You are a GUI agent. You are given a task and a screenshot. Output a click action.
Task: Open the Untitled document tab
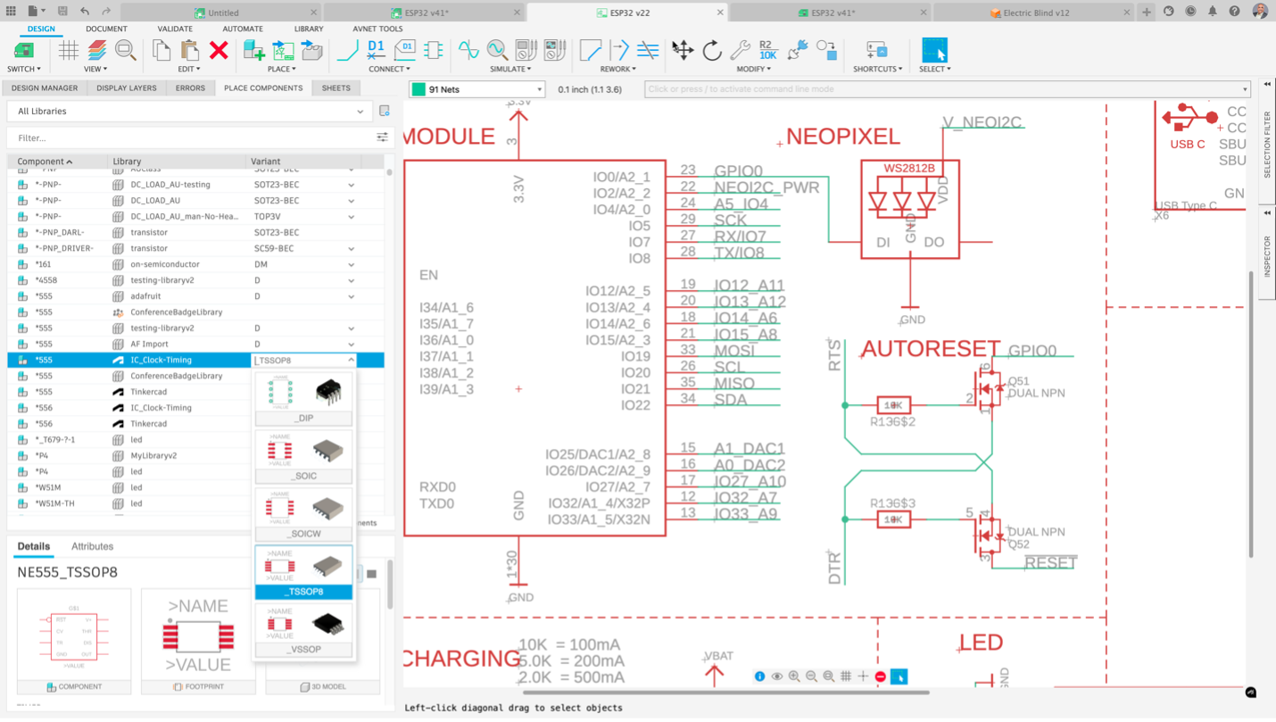222,12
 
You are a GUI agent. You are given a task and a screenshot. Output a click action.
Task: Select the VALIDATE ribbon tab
175,29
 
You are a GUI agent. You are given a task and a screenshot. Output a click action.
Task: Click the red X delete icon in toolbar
219,50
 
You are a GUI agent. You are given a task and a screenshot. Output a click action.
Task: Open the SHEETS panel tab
336,88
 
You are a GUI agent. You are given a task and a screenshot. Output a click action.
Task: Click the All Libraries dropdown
190,112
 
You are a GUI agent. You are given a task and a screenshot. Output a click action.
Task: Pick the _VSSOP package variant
304,630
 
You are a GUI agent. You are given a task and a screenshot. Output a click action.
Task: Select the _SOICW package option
304,514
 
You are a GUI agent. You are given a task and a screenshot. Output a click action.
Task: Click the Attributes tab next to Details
92,546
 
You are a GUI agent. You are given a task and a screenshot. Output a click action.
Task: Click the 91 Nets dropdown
477,89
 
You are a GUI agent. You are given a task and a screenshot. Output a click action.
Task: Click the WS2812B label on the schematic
909,168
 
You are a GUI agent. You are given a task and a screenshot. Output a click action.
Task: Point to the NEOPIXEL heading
843,137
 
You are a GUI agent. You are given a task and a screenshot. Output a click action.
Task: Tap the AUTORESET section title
931,348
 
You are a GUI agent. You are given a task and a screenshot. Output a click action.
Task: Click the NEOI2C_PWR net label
766,187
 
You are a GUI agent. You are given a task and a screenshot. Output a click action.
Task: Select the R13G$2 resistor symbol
893,405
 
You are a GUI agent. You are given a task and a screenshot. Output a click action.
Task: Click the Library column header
127,162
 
